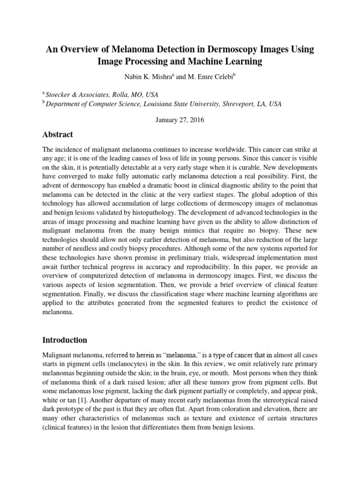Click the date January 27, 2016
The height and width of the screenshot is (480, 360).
[x=180, y=120]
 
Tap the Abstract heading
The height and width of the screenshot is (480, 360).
[x=58, y=135]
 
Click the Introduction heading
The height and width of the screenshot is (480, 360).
[x=65, y=339]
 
